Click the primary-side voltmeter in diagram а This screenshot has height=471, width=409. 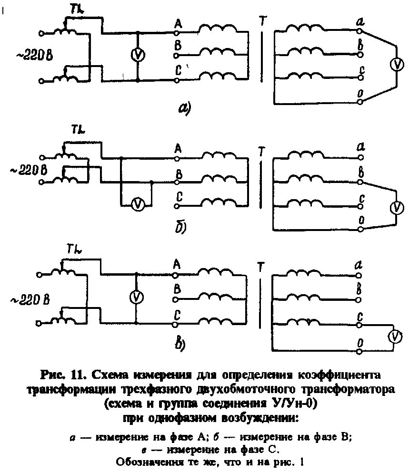pyautogui.click(x=138, y=55)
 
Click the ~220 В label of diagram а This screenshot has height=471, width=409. pyautogui.click(x=32, y=55)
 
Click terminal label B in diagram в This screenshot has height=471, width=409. pyautogui.click(x=177, y=288)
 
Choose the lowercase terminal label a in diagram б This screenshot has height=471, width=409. pyautogui.click(x=361, y=147)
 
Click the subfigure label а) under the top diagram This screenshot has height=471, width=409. pyautogui.click(x=184, y=109)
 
